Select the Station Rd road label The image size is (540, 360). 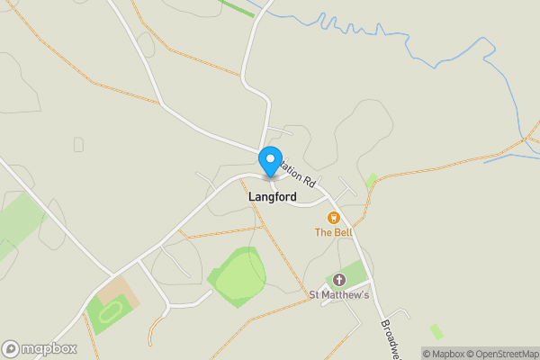(x=298, y=172)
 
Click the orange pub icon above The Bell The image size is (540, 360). (x=332, y=217)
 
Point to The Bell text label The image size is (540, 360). (x=333, y=232)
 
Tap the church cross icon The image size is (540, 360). (x=338, y=280)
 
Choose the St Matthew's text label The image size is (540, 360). (x=339, y=294)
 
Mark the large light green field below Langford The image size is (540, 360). (x=238, y=274)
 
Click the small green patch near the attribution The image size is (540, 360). (x=436, y=331)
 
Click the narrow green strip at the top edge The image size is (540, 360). (x=237, y=7)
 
